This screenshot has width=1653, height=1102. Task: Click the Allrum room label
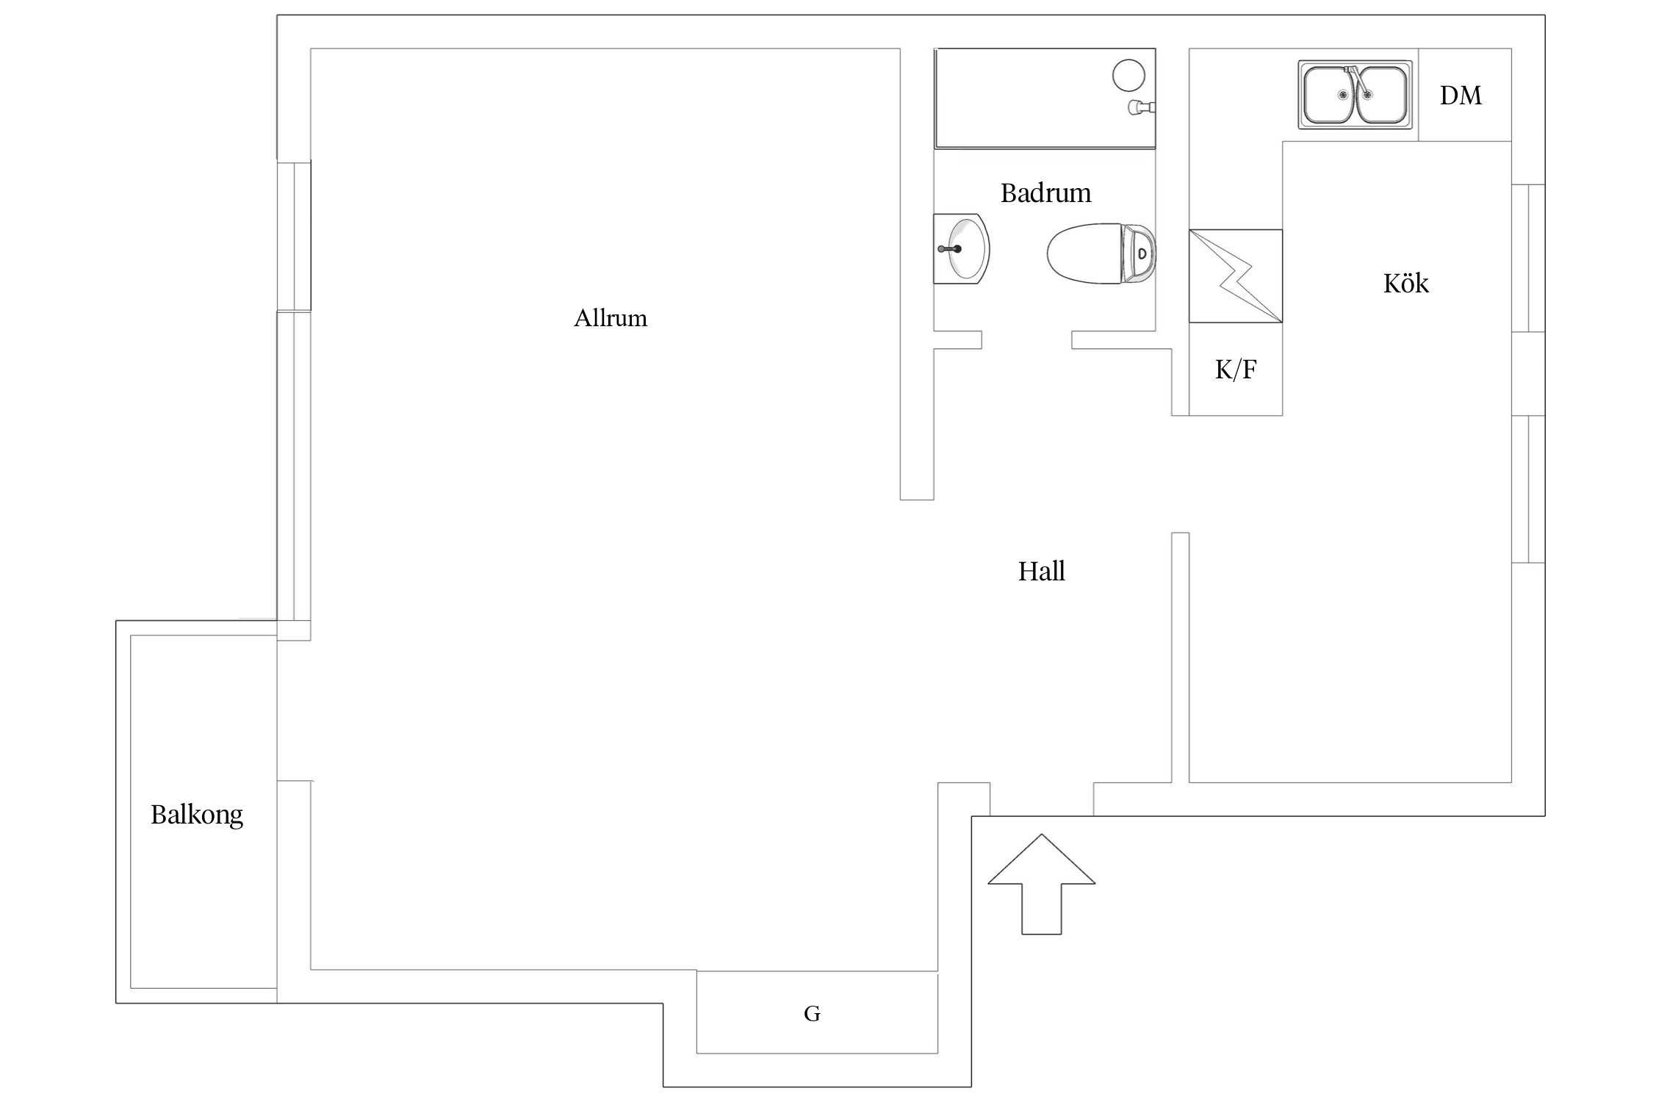click(611, 318)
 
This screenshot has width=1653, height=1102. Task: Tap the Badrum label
click(1045, 193)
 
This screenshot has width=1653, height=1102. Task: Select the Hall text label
click(1041, 572)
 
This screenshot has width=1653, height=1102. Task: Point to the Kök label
click(1405, 283)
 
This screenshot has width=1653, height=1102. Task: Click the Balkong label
click(197, 815)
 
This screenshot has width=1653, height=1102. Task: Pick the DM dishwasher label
click(1461, 96)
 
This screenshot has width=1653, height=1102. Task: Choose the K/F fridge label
click(1236, 370)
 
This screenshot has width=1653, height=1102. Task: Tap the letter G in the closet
click(812, 1014)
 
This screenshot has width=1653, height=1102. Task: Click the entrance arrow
click(1041, 884)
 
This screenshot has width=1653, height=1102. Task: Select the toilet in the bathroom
click(1101, 254)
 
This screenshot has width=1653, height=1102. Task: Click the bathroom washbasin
click(961, 249)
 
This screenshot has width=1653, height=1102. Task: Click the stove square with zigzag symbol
click(1236, 276)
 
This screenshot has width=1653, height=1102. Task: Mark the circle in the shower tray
click(1128, 76)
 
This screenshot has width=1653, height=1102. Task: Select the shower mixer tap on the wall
click(1142, 108)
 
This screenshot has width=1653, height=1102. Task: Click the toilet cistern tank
click(1138, 254)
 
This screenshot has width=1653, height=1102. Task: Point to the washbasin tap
click(950, 249)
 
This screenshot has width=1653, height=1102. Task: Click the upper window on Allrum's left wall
click(294, 236)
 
